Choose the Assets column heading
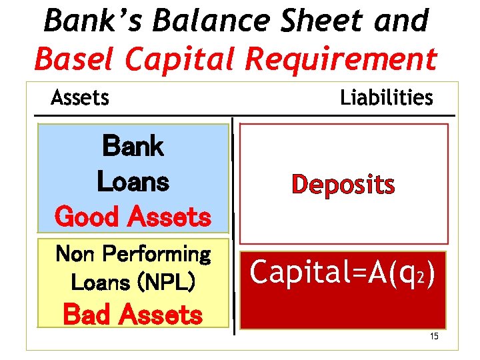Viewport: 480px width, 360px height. click(x=79, y=98)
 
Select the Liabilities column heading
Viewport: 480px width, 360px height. click(x=386, y=98)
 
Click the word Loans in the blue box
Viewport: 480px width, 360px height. click(x=133, y=181)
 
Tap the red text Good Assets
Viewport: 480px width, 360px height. click(x=133, y=217)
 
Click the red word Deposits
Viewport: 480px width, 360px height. click(x=343, y=185)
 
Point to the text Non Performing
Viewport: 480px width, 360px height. click(x=133, y=254)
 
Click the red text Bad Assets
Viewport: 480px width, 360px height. click(x=133, y=315)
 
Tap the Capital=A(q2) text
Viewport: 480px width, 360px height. click(x=343, y=271)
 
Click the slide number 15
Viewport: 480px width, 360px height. click(x=433, y=336)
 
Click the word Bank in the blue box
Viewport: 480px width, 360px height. click(x=133, y=146)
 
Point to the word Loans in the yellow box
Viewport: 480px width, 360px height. click(x=100, y=283)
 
